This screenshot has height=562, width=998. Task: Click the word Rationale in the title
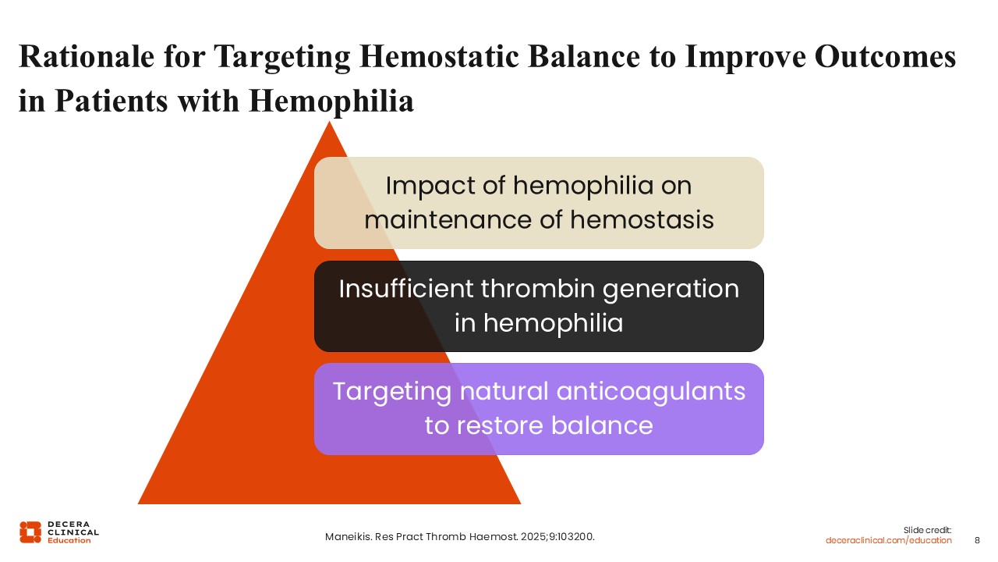(87, 57)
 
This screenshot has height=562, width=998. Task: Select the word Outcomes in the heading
(885, 57)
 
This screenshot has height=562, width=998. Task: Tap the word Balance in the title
(584, 57)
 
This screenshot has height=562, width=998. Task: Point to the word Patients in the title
(111, 101)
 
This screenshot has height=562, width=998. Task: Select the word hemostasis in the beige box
(642, 220)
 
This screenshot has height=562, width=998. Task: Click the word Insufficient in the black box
(406, 289)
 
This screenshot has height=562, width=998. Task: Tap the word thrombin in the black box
(537, 289)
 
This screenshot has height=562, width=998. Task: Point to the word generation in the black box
(671, 290)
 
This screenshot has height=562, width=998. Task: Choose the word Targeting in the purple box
(392, 393)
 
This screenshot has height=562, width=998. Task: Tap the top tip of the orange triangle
(329, 121)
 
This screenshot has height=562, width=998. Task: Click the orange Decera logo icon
(30, 532)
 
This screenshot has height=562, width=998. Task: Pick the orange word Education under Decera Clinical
(69, 541)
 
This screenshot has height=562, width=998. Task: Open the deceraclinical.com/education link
(888, 541)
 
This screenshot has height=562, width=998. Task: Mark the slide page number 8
(977, 541)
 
